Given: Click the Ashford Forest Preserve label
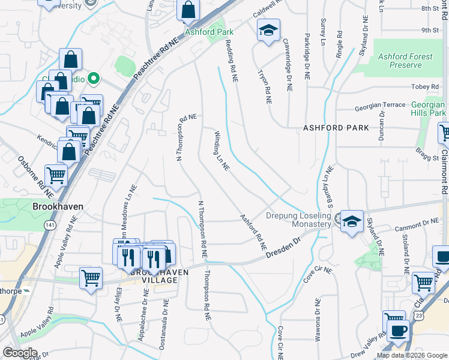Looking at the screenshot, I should pos(405,61).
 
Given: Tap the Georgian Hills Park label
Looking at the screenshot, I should pos(429,109).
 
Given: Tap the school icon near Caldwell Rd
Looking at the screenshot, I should pos(268,29).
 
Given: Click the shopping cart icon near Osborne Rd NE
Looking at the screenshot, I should pos(56,175).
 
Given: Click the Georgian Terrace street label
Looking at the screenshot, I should pos(380,105).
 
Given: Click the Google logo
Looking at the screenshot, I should pos(20,353).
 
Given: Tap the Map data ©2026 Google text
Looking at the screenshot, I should pos(411,355).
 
